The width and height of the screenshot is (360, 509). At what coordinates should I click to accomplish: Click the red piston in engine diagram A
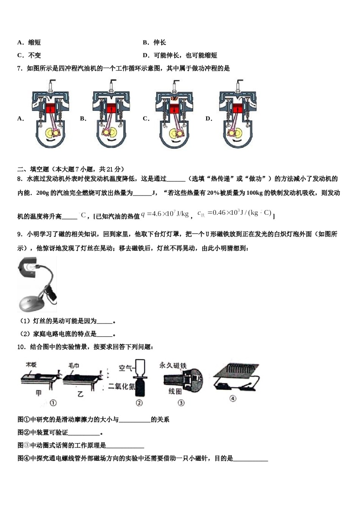coord(50,109)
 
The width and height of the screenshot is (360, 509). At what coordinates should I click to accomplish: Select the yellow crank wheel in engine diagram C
coord(175,134)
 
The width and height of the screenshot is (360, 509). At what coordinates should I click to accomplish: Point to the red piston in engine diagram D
coord(238,109)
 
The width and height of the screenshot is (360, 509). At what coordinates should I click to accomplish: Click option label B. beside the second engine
coord(83,119)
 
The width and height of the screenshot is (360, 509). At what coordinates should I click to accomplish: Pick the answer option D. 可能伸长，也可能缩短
coord(180,55)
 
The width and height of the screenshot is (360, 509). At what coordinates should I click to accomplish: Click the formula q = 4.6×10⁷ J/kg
coord(165,214)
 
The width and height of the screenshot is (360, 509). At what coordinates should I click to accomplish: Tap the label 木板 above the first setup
coord(31,365)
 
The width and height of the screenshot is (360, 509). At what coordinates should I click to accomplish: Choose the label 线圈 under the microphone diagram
coord(175,391)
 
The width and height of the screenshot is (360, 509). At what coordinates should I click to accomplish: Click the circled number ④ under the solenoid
coord(233,398)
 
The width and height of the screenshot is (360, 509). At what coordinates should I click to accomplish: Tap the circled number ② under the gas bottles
coord(139,403)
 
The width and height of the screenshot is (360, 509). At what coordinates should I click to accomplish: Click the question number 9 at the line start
coord(19,234)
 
